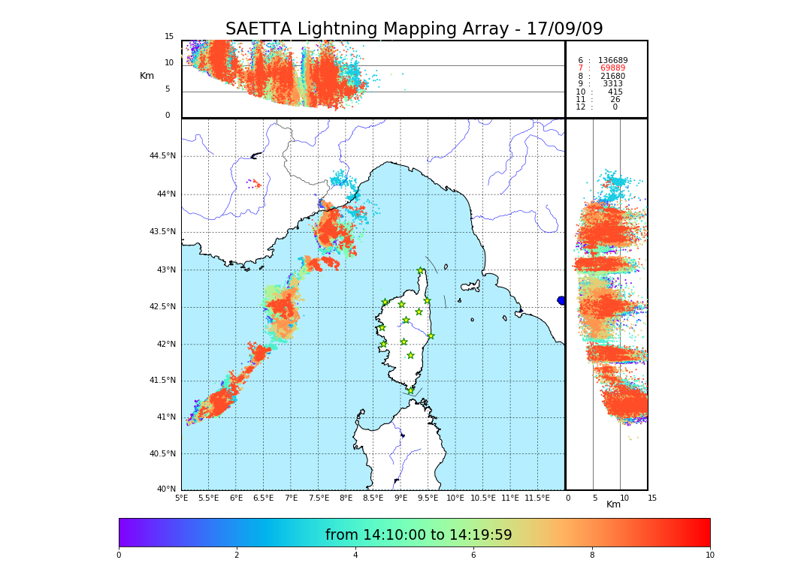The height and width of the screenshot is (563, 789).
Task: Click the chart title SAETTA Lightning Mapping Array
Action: (x=414, y=29)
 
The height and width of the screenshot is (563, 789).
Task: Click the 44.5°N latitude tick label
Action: (x=162, y=156)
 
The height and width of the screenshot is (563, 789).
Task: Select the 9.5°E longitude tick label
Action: (x=428, y=498)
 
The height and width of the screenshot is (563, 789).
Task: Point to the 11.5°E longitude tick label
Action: (x=537, y=498)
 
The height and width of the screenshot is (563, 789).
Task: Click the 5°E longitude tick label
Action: (x=181, y=498)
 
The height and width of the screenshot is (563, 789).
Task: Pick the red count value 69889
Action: (x=612, y=68)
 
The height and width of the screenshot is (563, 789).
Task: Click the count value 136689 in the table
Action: (x=612, y=60)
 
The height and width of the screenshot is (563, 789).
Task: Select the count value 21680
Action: (x=612, y=77)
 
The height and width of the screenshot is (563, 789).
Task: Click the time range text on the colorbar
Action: (x=419, y=535)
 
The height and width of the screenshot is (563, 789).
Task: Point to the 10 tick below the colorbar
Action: (x=709, y=555)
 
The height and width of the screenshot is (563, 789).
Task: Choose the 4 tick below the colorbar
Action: (x=355, y=555)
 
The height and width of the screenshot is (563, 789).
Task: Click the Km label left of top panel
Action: (x=147, y=76)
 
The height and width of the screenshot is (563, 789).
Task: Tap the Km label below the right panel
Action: (x=614, y=504)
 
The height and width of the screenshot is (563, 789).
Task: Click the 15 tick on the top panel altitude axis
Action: (x=169, y=37)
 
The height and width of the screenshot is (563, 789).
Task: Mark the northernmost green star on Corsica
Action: (x=421, y=271)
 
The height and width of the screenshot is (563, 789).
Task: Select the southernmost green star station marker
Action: (x=410, y=390)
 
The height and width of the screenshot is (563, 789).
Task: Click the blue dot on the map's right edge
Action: (x=561, y=300)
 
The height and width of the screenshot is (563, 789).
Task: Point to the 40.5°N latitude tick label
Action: (x=162, y=454)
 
